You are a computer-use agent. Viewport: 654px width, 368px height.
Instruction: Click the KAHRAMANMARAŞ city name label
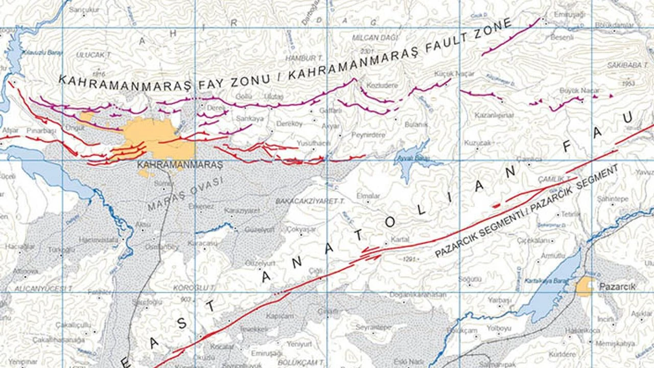180,165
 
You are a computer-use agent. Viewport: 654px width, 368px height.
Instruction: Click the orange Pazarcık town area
584,287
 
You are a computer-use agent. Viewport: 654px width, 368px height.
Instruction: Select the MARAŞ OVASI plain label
186,195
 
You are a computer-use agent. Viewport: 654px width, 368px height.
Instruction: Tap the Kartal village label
400,240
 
